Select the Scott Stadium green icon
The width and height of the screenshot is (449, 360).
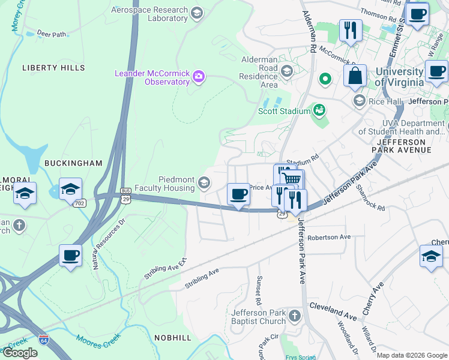pyautogui.click(x=319, y=110)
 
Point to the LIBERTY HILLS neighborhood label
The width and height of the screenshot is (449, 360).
pyautogui.click(x=53, y=68)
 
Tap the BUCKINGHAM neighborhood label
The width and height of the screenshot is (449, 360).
pyautogui.click(x=73, y=163)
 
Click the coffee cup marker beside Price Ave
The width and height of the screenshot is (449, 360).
pyautogui.click(x=239, y=195)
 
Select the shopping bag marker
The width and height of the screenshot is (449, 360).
pyautogui.click(x=355, y=76)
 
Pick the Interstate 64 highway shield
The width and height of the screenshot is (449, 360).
pyautogui.click(x=44, y=339)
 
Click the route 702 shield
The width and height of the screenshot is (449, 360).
pyautogui.click(x=80, y=203)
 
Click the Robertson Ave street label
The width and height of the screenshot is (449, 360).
pyautogui.click(x=328, y=237)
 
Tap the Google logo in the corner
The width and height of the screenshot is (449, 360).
pyautogui.click(x=20, y=353)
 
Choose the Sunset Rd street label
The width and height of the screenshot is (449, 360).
pyautogui.click(x=260, y=288)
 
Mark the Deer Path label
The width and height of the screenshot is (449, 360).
pyautogui.click(x=51, y=34)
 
